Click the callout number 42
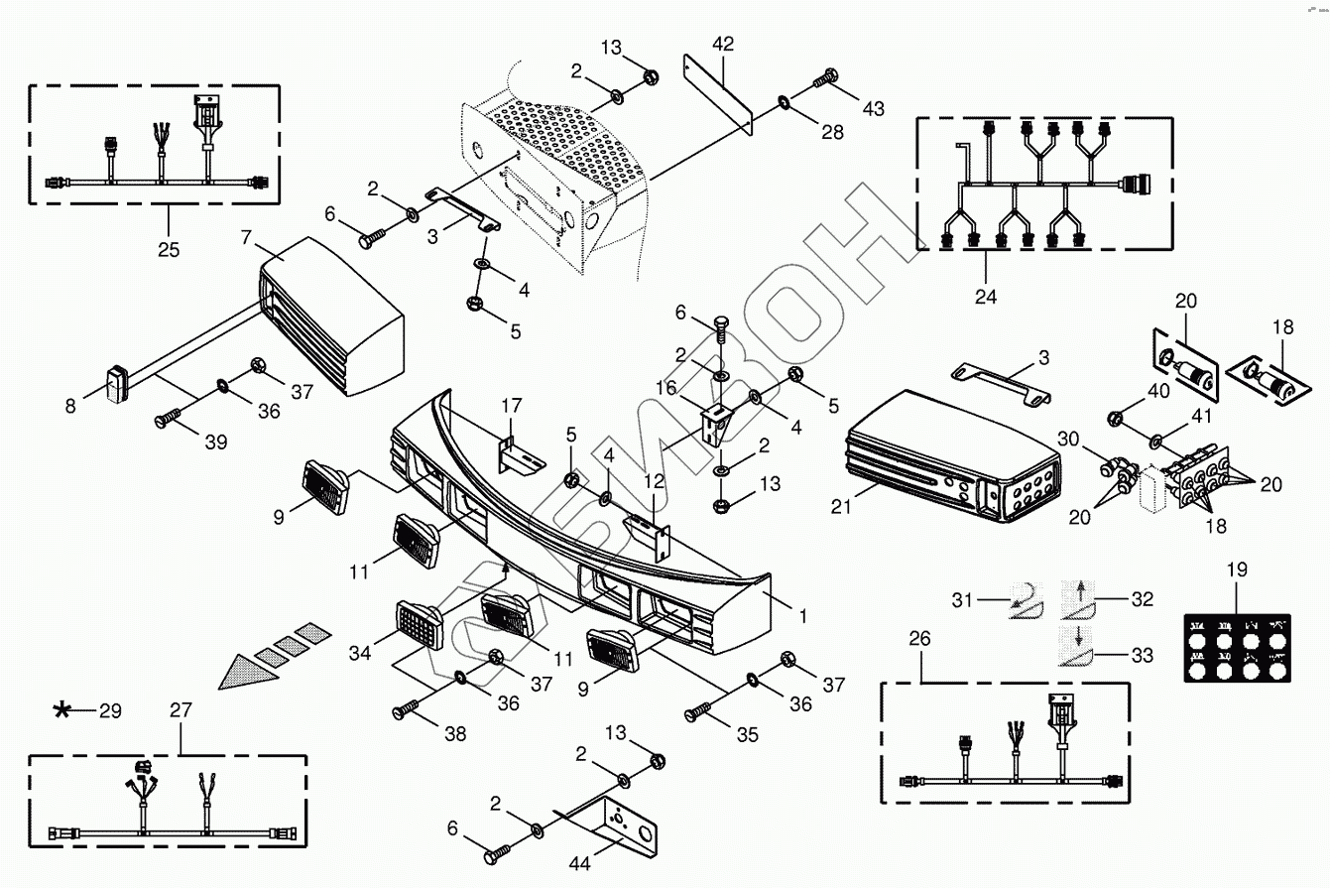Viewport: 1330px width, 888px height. coord(723,44)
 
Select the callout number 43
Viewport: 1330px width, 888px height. coord(872,108)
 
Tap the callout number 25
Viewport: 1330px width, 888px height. coord(169,249)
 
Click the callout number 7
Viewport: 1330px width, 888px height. coord(247,239)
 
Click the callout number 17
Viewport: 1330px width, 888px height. coord(511,406)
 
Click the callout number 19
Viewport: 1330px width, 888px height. coord(1237,571)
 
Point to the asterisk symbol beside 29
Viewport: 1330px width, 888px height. coord(62,709)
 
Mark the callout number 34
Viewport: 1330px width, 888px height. coord(359,653)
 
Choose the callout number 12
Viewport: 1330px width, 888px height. coord(656,480)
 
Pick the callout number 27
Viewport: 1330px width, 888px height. coord(181,709)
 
